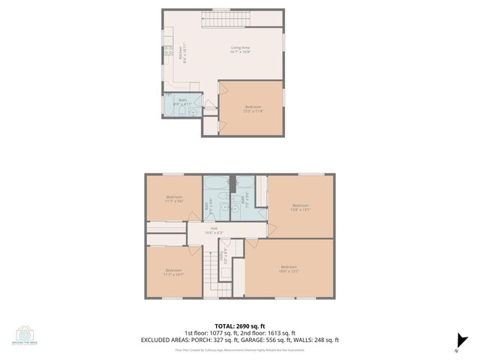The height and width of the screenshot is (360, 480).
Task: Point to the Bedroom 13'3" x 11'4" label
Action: point(253,109)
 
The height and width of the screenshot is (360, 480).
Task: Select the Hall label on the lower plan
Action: point(214,230)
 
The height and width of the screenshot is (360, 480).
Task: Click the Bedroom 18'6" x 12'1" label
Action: point(289,269)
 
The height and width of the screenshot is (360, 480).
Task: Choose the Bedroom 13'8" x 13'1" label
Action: point(301,207)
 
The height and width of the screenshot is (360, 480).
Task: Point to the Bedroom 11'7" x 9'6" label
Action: point(174,199)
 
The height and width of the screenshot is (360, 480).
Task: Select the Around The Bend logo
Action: point(25,336)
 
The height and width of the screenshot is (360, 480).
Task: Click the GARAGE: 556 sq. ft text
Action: point(280,340)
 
